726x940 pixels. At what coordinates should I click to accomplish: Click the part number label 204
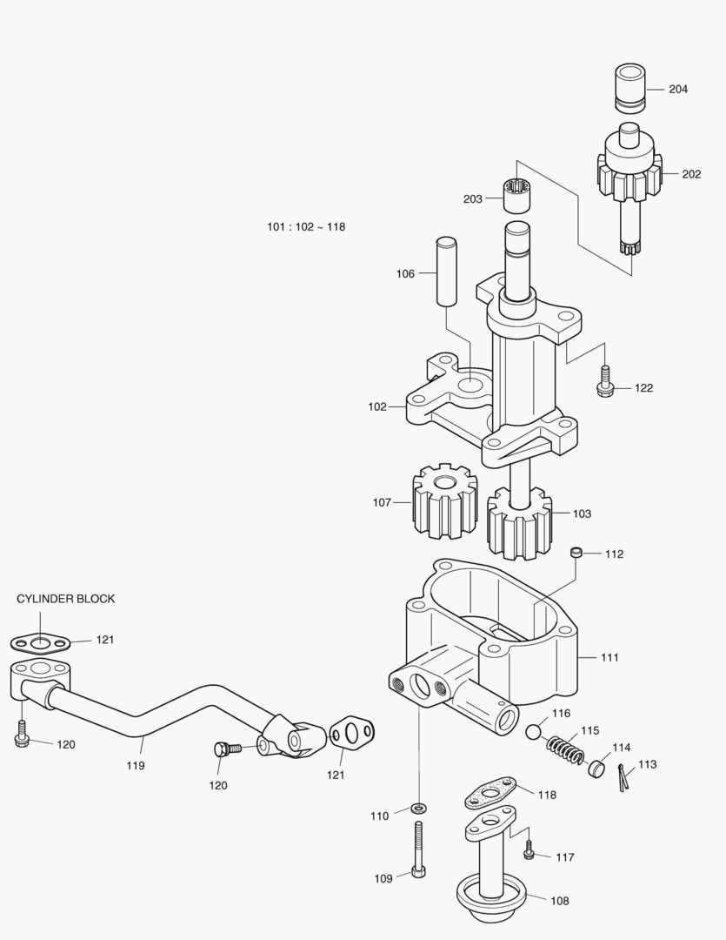[678, 89]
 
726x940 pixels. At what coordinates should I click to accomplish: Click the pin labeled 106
[445, 272]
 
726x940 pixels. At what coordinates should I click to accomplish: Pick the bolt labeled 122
[605, 382]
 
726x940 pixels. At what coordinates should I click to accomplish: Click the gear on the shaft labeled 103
[520, 522]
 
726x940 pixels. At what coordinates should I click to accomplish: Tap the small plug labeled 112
[575, 553]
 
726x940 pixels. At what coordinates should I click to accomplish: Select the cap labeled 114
[596, 768]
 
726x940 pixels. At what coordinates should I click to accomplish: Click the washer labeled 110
[418, 809]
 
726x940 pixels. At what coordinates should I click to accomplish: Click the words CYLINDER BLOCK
[65, 599]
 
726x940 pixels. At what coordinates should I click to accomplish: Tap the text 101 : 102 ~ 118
[306, 227]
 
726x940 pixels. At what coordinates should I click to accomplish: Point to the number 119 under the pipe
[135, 766]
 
